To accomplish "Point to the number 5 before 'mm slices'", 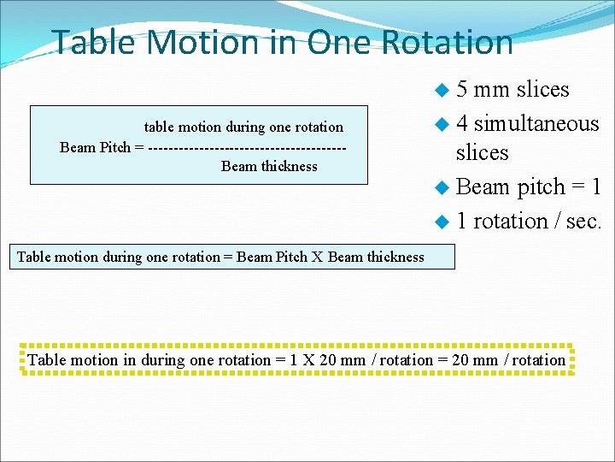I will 461,89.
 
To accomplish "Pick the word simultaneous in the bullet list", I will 536,123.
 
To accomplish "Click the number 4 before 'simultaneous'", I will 461,123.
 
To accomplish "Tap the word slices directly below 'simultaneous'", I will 482,152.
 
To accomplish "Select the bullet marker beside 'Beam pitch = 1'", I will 441,187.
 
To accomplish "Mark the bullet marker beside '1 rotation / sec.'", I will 441,222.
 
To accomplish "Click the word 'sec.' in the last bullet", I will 583,221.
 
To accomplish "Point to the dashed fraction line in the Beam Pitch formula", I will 247,147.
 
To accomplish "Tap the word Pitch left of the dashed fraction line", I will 115,147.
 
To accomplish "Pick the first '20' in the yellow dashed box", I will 328,360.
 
